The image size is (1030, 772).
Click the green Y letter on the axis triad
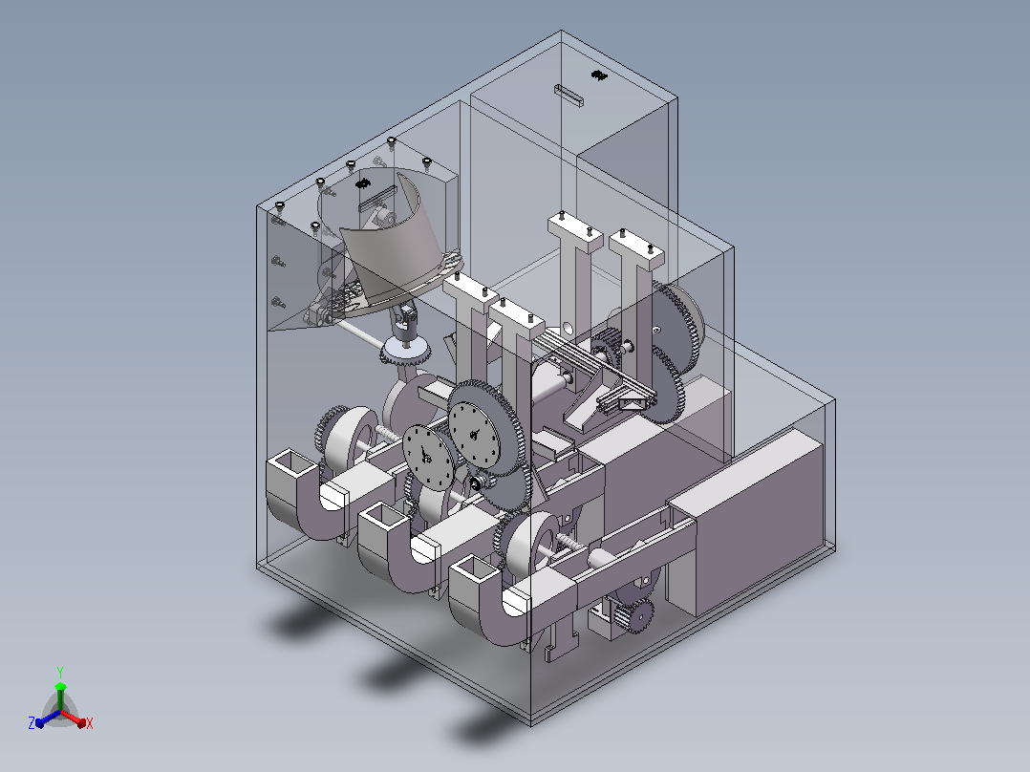(x=60, y=672)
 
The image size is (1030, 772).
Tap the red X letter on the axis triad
(x=90, y=723)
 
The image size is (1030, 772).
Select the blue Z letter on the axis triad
(x=32, y=722)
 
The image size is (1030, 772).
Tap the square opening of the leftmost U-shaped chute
(x=291, y=462)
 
